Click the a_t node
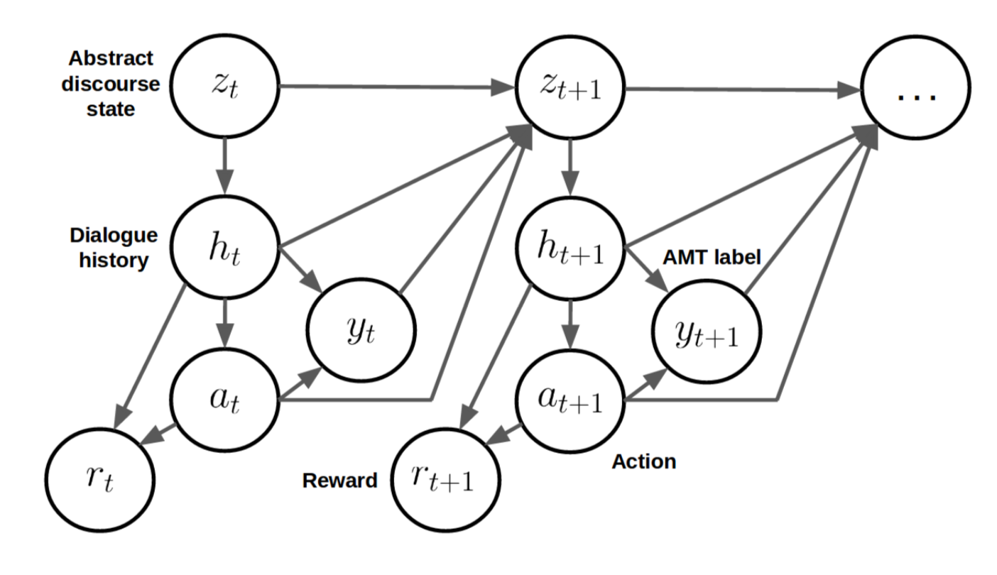(x=226, y=402)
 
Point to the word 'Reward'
(x=340, y=481)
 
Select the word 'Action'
(x=643, y=461)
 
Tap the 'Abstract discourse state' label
(x=110, y=84)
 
